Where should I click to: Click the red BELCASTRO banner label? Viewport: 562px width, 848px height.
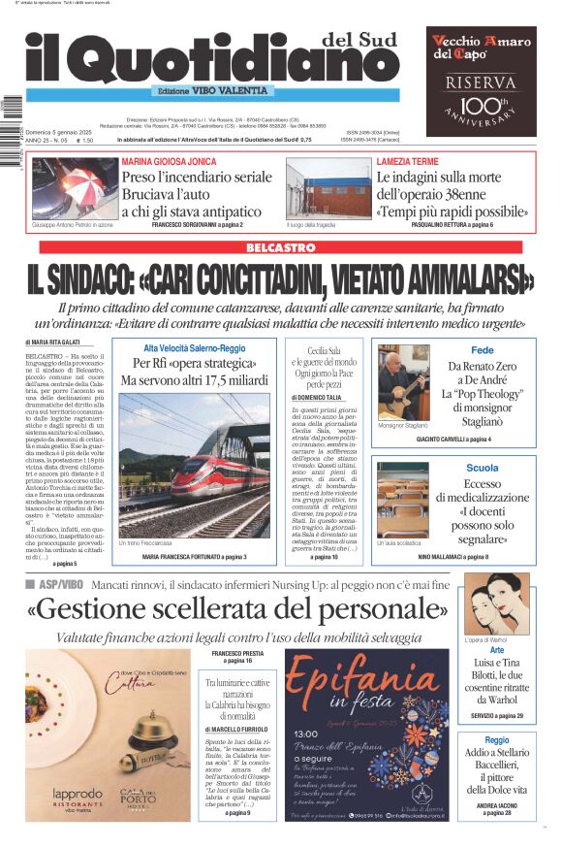tap(280, 247)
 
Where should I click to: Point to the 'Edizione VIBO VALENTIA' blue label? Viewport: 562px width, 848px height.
tap(205, 90)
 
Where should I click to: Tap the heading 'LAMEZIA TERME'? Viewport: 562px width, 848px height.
tap(408, 161)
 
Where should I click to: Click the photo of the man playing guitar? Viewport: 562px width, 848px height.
tap(403, 381)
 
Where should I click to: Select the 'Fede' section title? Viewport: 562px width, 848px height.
tap(482, 350)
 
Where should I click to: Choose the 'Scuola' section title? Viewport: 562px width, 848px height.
tap(482, 469)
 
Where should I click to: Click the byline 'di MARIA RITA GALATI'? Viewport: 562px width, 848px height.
tap(53, 342)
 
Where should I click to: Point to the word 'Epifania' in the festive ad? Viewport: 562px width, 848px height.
tap(366, 680)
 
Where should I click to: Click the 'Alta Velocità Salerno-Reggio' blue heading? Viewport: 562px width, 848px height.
tap(195, 347)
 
